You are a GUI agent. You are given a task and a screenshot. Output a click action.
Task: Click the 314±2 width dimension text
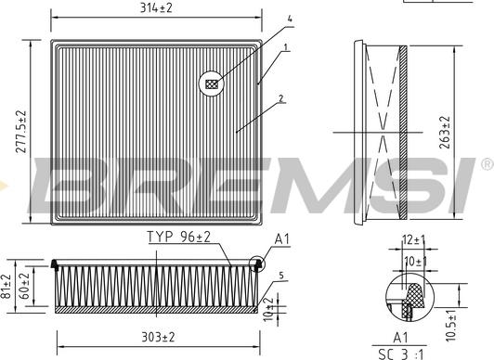point(154,9)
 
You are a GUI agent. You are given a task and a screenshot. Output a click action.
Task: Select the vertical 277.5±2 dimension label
point(20,132)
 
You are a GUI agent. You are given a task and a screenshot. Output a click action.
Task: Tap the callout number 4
point(289,19)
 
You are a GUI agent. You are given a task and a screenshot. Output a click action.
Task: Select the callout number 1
point(287,46)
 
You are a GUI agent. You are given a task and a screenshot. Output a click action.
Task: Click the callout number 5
point(281,275)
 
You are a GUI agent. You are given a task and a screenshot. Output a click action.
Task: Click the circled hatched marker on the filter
point(213,84)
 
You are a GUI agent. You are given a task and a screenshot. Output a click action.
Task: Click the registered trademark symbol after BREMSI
point(486,164)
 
